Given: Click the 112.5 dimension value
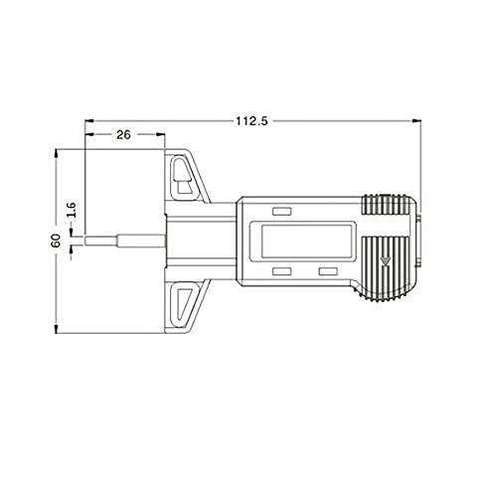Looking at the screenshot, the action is coord(251,121).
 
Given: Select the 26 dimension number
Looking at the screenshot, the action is coord(123,134).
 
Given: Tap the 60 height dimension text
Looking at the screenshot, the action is coord(56,241).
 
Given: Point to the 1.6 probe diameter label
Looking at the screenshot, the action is coord(72,210).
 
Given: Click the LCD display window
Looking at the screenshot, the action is coord(306,241).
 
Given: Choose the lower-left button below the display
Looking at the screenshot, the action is coord(281,271).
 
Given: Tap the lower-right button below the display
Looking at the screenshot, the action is coord(328,271).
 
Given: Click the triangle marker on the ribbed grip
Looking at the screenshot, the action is coord(385,260).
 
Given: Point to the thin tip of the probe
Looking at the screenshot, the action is coord(101,241).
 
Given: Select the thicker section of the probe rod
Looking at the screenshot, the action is coord(141,241).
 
